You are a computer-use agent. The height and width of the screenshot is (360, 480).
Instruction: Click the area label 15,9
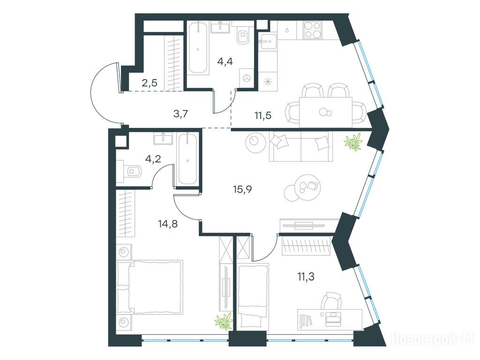[x=242, y=189]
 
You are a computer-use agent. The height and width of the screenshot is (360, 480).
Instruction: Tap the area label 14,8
[x=168, y=224]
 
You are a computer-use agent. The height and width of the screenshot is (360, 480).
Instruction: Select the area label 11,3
[x=306, y=277]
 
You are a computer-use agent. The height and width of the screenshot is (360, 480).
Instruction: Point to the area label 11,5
[x=263, y=116]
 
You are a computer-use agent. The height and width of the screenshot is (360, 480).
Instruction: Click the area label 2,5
[x=150, y=82]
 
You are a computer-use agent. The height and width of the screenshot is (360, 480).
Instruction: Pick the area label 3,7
[x=180, y=114]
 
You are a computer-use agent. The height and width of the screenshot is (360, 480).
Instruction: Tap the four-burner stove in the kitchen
[x=313, y=30]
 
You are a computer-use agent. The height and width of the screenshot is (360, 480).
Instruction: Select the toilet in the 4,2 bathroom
[x=132, y=172]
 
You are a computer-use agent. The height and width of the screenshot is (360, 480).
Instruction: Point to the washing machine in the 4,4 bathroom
[x=246, y=78]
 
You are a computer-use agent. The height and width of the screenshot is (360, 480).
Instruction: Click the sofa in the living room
[x=301, y=146]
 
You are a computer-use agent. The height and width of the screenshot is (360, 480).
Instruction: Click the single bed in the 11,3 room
[x=253, y=297]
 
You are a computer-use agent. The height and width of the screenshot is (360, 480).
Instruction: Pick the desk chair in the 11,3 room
[x=332, y=301]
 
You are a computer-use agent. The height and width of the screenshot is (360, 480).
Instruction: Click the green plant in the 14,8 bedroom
[x=224, y=322]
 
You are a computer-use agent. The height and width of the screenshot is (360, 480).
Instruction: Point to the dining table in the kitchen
[x=326, y=112]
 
